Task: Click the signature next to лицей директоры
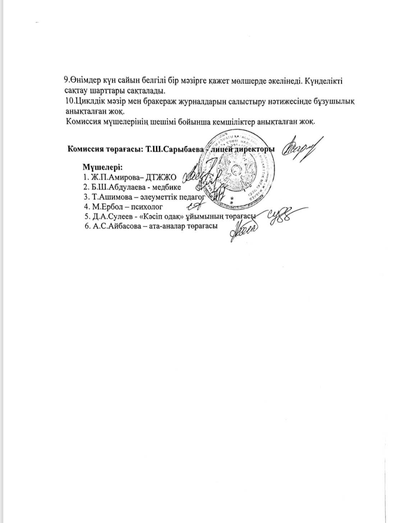point(302,148)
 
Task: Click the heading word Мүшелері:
point(103,167)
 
